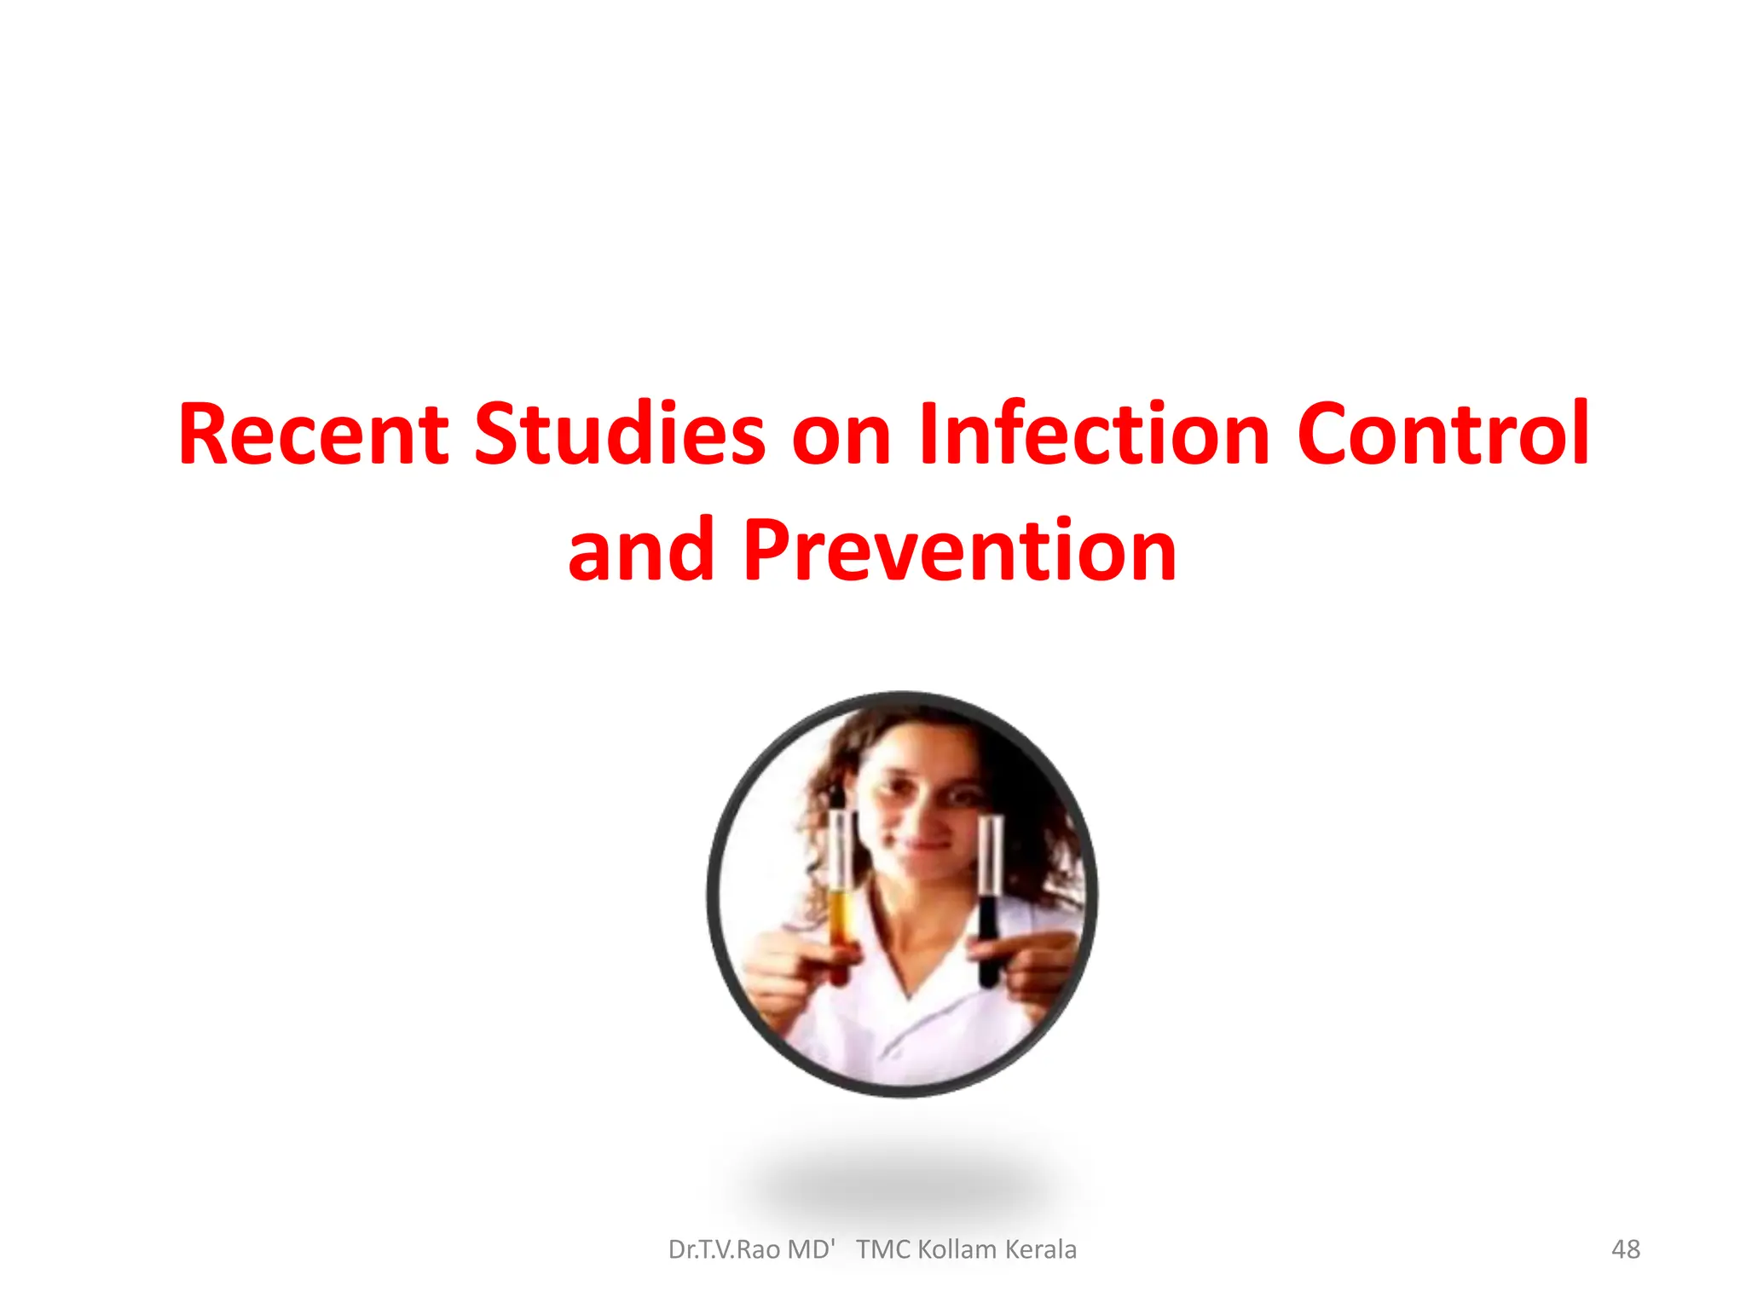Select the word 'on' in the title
841,436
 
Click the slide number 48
1625,1249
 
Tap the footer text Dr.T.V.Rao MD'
751,1249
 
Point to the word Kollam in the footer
957,1249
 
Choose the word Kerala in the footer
1041,1249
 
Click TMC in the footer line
884,1249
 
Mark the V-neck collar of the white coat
909,972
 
